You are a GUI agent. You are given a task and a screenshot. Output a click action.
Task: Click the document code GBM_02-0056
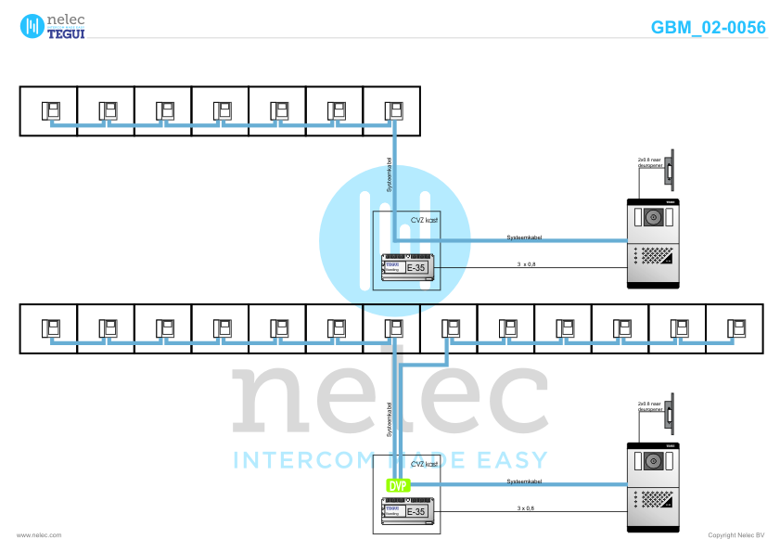pyautogui.click(x=709, y=28)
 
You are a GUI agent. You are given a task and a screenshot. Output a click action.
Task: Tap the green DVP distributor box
pyautogui.click(x=397, y=484)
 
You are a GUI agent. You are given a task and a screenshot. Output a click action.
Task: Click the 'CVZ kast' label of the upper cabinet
pyautogui.click(x=425, y=221)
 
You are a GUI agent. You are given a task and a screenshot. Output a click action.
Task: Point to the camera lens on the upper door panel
pyautogui.click(x=653, y=218)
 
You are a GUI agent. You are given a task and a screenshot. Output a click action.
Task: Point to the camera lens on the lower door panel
pyautogui.click(x=653, y=462)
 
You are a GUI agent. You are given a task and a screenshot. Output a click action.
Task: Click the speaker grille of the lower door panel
pyautogui.click(x=658, y=497)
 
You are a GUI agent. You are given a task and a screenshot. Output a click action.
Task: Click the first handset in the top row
pyautogui.click(x=51, y=111)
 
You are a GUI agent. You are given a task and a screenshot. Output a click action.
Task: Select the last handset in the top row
pyautogui.click(x=392, y=111)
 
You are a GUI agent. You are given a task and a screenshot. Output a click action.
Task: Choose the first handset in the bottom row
pyautogui.click(x=51, y=327)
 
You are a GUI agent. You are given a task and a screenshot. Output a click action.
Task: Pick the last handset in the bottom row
pyautogui.click(x=735, y=327)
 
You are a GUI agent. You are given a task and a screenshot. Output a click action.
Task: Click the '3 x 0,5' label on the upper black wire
pyautogui.click(x=526, y=264)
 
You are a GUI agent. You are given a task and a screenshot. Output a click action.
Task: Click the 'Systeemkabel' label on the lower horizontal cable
pyautogui.click(x=524, y=481)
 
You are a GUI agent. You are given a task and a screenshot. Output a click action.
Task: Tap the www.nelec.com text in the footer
pyautogui.click(x=38, y=535)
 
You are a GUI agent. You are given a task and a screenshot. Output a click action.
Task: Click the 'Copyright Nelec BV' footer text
pyautogui.click(x=735, y=535)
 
